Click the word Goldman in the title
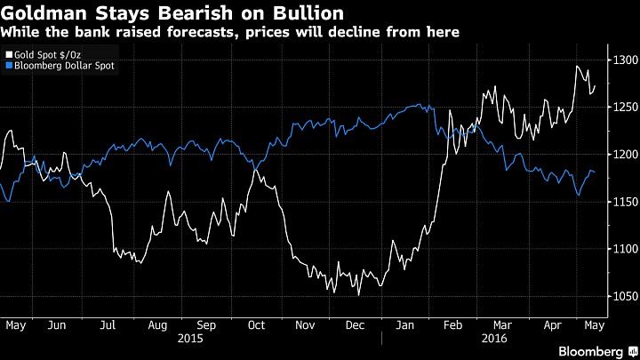click(x=44, y=13)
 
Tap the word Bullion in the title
click(x=308, y=13)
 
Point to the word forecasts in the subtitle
click(x=203, y=32)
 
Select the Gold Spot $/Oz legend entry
click(x=44, y=55)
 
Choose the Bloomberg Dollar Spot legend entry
click(x=60, y=66)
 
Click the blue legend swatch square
click(x=9, y=65)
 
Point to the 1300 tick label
click(x=625, y=60)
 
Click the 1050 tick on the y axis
click(x=625, y=296)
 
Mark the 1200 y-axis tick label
click(x=625, y=155)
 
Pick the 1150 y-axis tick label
click(x=625, y=202)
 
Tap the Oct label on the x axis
click(x=256, y=325)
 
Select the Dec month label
click(x=355, y=325)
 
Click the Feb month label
click(x=453, y=325)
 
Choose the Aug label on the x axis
click(x=157, y=325)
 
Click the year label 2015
click(x=190, y=339)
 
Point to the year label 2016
click(x=494, y=339)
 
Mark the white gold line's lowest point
click(x=359, y=295)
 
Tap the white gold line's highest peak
click(x=577, y=66)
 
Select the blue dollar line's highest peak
click(x=420, y=105)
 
